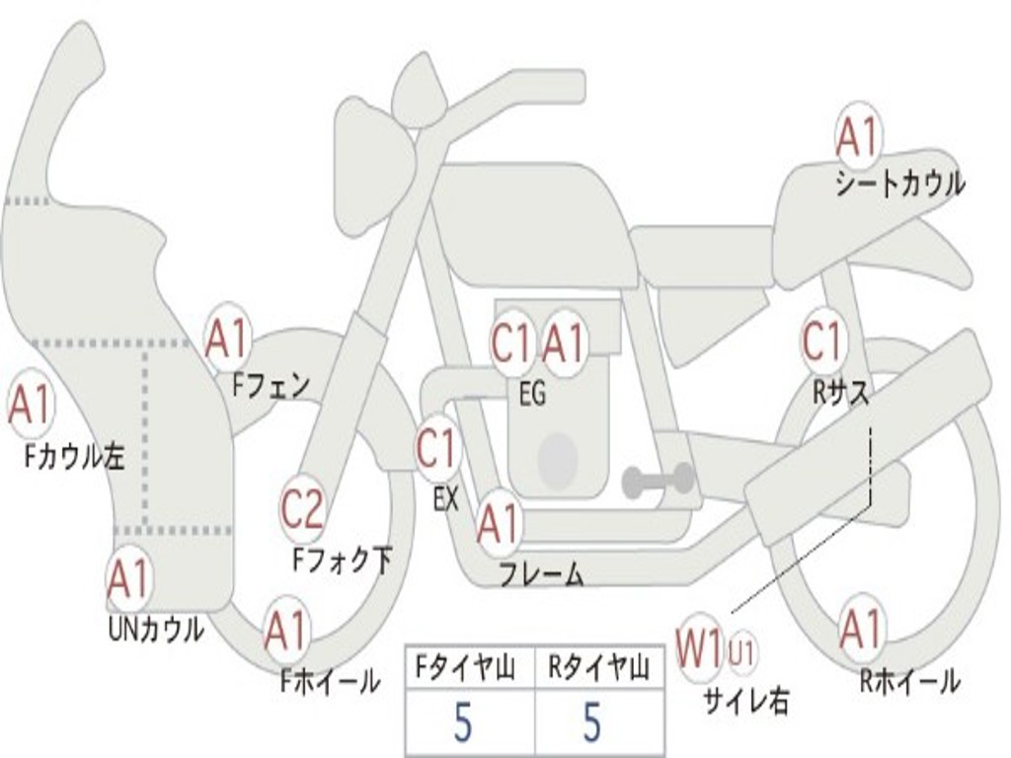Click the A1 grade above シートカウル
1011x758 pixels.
point(858,136)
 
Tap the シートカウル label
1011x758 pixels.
point(900,184)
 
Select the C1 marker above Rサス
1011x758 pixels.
point(822,341)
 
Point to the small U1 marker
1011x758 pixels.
point(741,651)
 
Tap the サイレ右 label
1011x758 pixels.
point(745,701)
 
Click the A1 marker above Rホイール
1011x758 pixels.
point(861,629)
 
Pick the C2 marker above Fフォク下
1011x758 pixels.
point(302,508)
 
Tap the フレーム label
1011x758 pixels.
point(542,573)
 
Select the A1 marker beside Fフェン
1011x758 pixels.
point(226,340)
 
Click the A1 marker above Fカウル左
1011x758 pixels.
point(31,405)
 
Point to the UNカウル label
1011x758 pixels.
point(155,629)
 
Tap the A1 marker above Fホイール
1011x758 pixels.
point(286,630)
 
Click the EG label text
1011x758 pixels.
point(532,394)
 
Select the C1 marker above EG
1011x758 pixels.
point(512,342)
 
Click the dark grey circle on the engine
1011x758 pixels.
point(558,460)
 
